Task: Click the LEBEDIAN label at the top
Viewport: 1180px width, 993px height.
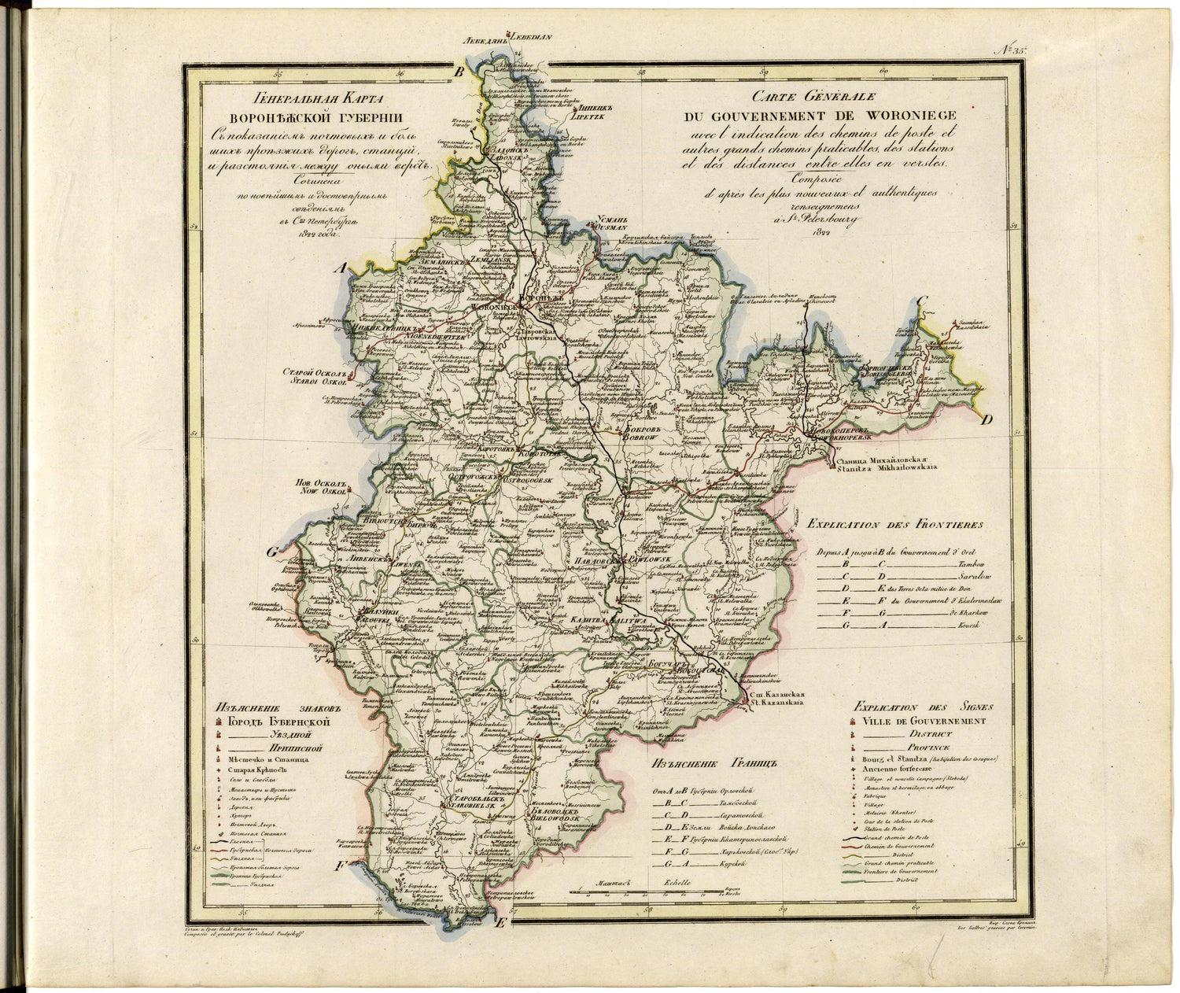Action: tap(533, 58)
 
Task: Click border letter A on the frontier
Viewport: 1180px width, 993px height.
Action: tap(341, 269)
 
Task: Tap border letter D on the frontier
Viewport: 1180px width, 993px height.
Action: tap(986, 419)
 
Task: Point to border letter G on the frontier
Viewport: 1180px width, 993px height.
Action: tap(272, 552)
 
